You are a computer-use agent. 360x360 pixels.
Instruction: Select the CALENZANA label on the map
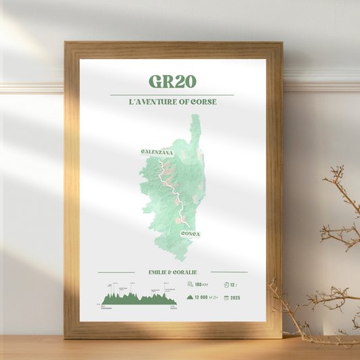pos(157,153)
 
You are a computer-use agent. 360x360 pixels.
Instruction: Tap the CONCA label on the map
pos(190,234)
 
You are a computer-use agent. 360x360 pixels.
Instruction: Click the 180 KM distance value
pos(201,284)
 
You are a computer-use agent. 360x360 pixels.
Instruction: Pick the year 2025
pos(235,297)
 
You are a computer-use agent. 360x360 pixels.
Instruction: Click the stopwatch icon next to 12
pos(225,284)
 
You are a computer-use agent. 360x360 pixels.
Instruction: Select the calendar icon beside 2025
pos(225,297)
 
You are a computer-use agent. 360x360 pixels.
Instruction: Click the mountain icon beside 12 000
pos(190,297)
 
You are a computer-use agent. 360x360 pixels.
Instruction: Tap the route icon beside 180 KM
pos(190,284)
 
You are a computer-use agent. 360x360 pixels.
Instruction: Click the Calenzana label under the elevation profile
pos(106,307)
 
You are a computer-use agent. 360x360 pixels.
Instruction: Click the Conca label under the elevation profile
pos(174,307)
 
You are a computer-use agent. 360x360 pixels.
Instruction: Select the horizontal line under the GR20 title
pos(172,95)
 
